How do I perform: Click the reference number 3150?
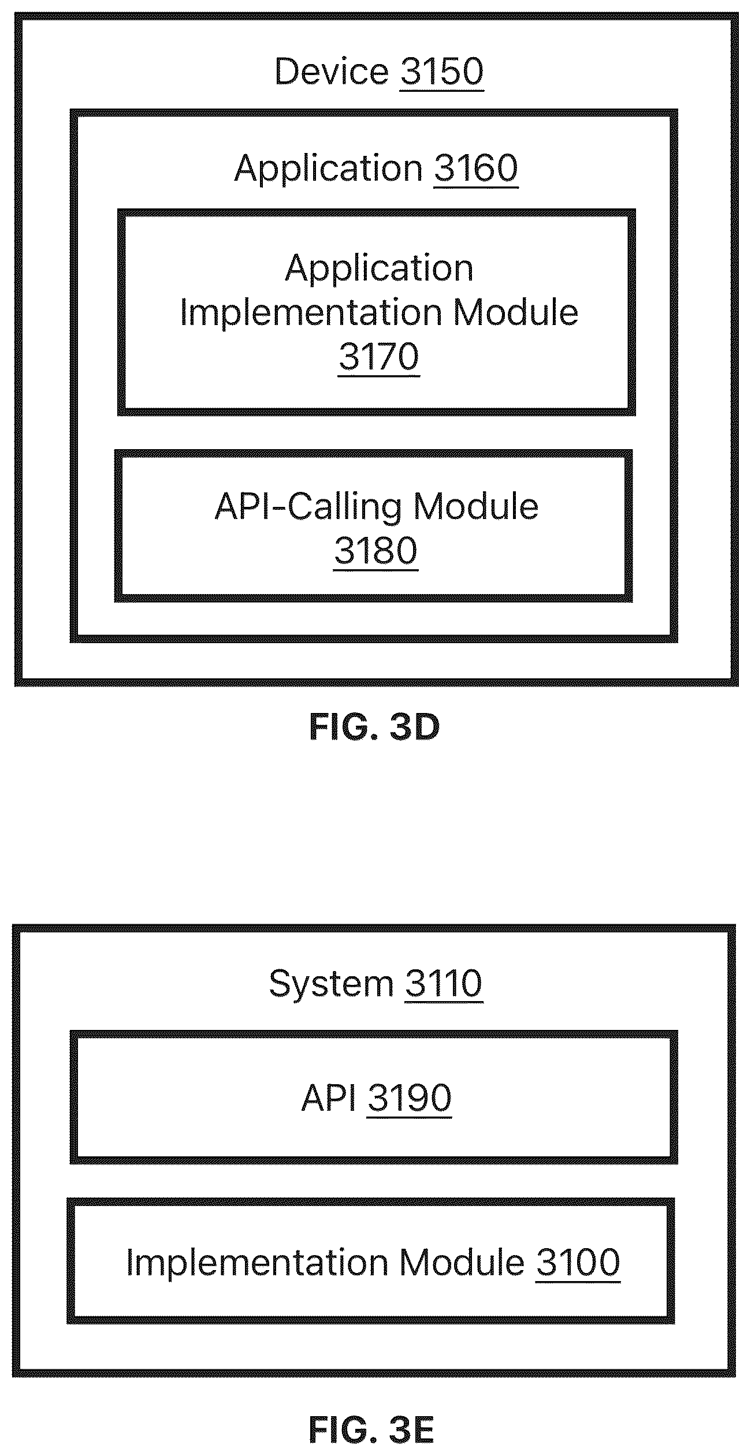pos(441,72)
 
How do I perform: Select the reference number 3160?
pos(475,169)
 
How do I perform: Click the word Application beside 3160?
pos(329,169)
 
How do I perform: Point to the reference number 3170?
pos(378,357)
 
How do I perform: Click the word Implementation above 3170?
pos(311,312)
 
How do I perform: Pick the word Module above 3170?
pos(515,312)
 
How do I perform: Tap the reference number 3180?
pos(375,551)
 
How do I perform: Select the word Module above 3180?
pos(475,506)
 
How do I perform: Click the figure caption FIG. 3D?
pos(374,727)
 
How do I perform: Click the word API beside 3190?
pos(329,1097)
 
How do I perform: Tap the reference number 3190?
pos(409,1097)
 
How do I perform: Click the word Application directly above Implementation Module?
pos(379,269)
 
